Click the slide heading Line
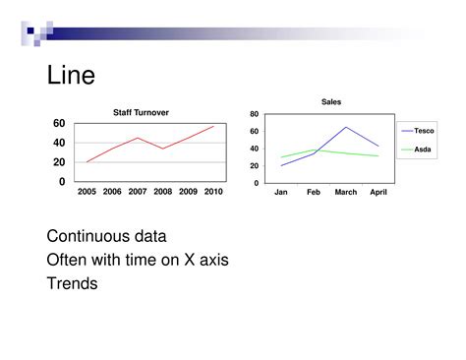[x=71, y=76]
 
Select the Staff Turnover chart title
[x=141, y=113]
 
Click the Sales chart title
[x=330, y=102]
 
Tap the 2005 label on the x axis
[x=87, y=192]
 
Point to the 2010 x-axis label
[x=213, y=192]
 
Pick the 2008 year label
[x=163, y=192]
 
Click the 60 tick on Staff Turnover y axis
[x=59, y=124]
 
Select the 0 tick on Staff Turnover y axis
[x=62, y=182]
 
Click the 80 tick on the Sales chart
[x=254, y=115]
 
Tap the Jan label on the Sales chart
[x=281, y=192]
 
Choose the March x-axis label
[x=346, y=192]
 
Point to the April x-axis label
[x=379, y=192]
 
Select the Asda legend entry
[x=422, y=150]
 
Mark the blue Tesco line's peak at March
[x=346, y=127]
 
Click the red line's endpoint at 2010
[x=213, y=126]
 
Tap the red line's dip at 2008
[x=163, y=149]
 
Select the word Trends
[x=73, y=283]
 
